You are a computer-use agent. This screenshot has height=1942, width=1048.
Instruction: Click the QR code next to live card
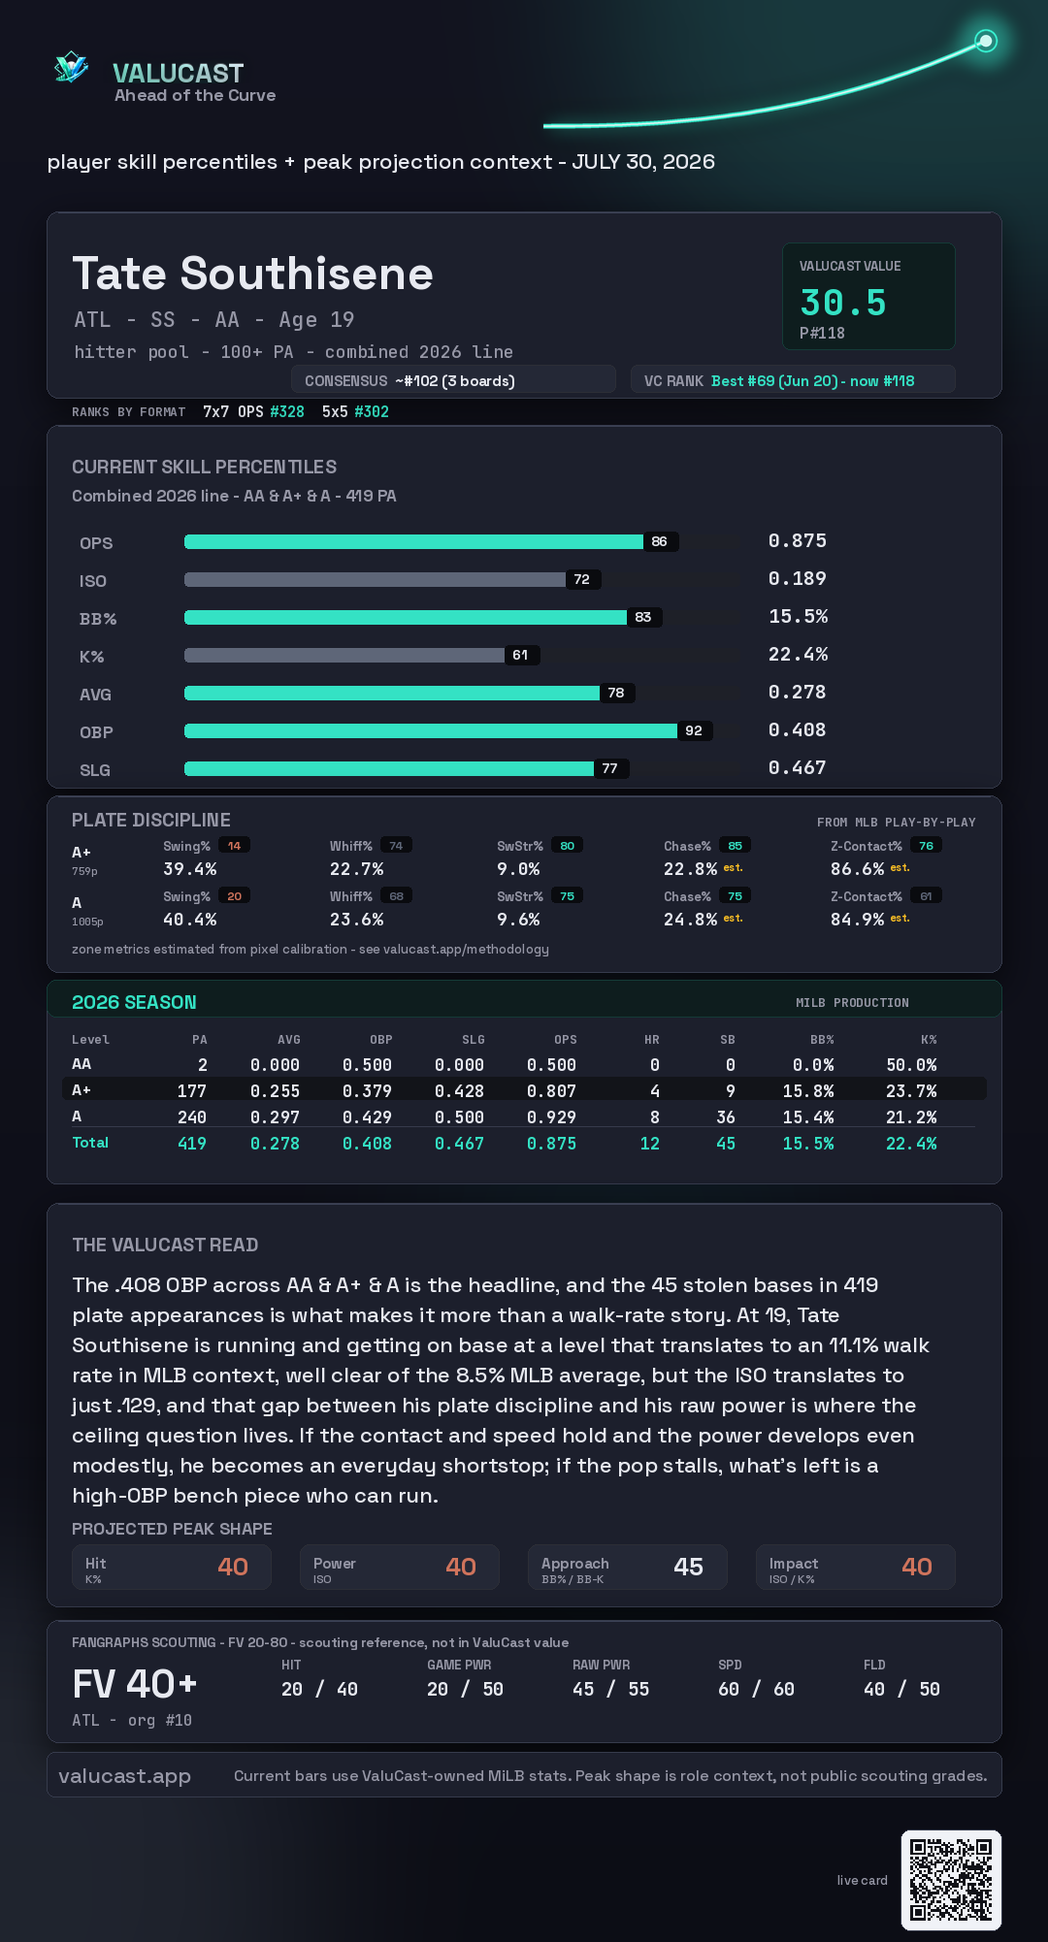[x=951, y=1880]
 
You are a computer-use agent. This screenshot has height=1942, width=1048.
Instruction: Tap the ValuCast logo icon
[x=71, y=67]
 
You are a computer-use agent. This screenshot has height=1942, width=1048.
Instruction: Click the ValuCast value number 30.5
[x=843, y=303]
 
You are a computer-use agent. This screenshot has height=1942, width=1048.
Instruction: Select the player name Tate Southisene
[x=252, y=274]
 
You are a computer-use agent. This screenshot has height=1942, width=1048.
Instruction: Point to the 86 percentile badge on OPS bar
[x=660, y=541]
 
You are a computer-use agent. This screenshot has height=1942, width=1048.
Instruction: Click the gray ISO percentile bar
[x=375, y=579]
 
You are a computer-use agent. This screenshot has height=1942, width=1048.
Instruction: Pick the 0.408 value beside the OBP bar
[x=797, y=729]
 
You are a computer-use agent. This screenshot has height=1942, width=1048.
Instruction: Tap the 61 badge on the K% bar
[x=521, y=655]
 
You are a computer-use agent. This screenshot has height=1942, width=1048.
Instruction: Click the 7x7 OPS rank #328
[x=287, y=411]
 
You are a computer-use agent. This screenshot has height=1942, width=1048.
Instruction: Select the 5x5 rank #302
[x=372, y=411]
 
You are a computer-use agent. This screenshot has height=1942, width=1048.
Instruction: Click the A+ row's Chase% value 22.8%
[x=690, y=869]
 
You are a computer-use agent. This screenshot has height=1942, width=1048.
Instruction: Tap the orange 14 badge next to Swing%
[x=234, y=846]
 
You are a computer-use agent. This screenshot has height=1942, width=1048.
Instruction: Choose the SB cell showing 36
[x=726, y=1117]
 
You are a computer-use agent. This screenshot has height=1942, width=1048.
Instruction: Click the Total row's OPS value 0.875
[x=551, y=1144]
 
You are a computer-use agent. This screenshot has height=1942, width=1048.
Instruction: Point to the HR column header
[x=652, y=1039]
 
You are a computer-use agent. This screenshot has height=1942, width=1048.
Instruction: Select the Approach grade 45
[x=688, y=1567]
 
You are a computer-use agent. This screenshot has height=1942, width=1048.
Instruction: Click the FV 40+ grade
[x=135, y=1684]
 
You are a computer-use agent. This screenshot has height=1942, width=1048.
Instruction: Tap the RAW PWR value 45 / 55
[x=610, y=1689]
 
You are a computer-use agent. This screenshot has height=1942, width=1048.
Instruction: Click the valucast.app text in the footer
[x=124, y=1776]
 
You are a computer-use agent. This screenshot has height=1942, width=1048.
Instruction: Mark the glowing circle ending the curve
[x=986, y=41]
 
